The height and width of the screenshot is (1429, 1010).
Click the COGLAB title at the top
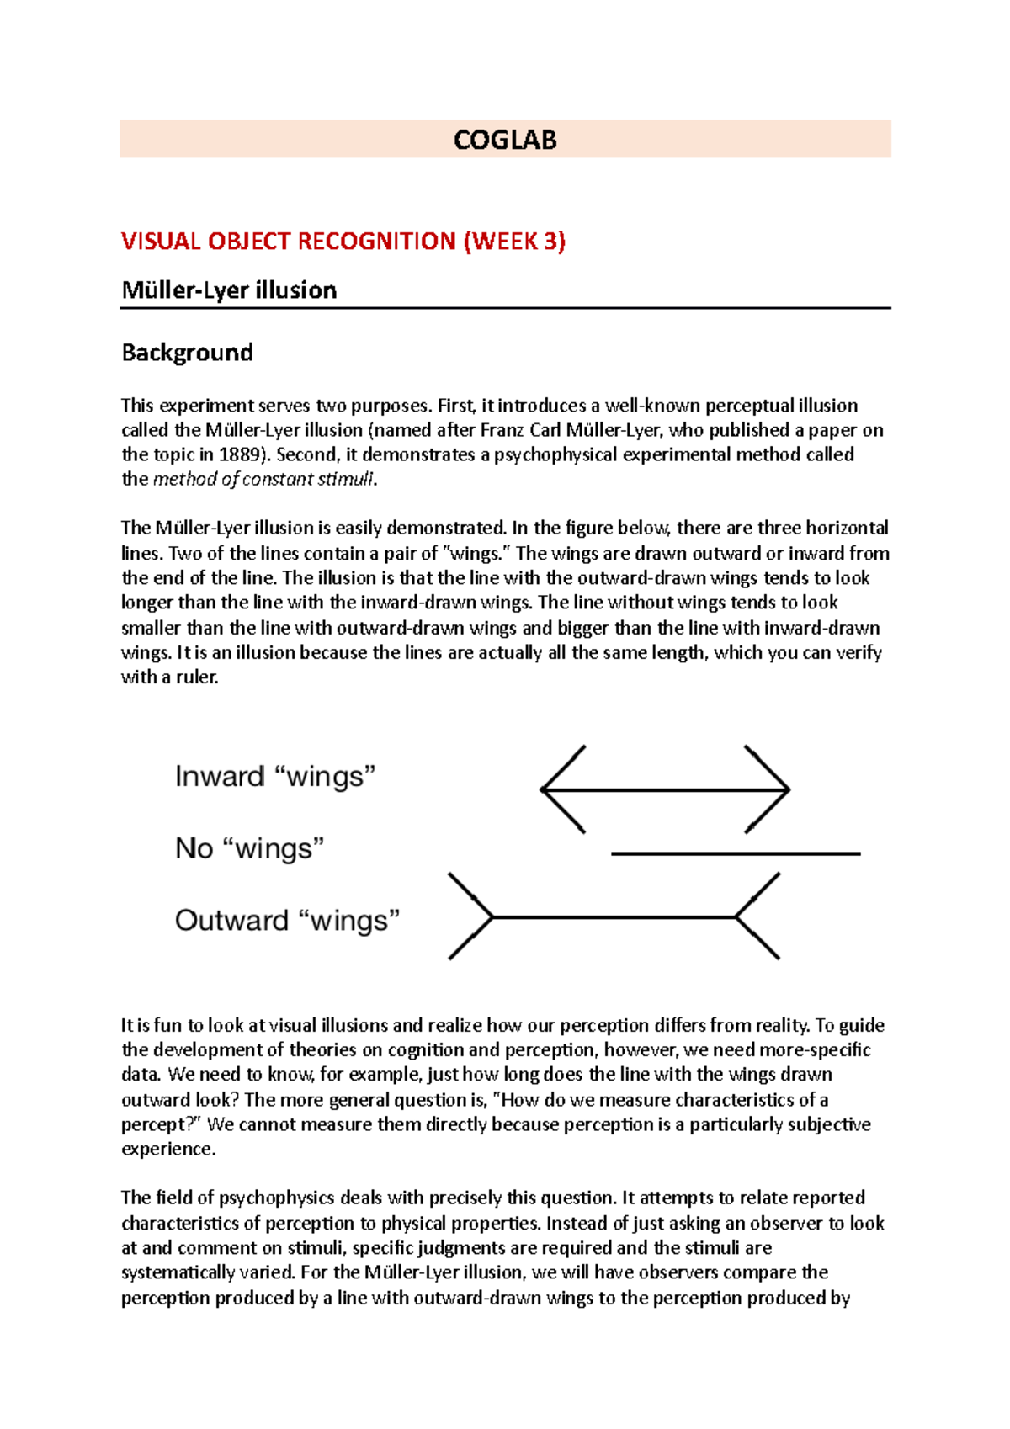pos(505,140)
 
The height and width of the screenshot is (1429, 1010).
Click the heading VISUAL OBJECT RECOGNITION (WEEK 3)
pos(343,242)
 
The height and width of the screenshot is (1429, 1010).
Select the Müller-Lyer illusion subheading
pos(229,290)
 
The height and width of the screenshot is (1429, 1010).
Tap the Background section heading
pos(187,352)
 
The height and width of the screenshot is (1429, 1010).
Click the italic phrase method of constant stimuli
pos(263,480)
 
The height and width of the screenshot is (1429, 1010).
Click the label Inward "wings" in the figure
pos(274,776)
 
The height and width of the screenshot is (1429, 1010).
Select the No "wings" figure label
pos(249,847)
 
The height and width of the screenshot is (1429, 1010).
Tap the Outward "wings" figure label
pos(287,920)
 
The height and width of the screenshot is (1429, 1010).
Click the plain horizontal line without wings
pos(736,853)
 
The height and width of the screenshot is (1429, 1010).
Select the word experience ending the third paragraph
pos(168,1150)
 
